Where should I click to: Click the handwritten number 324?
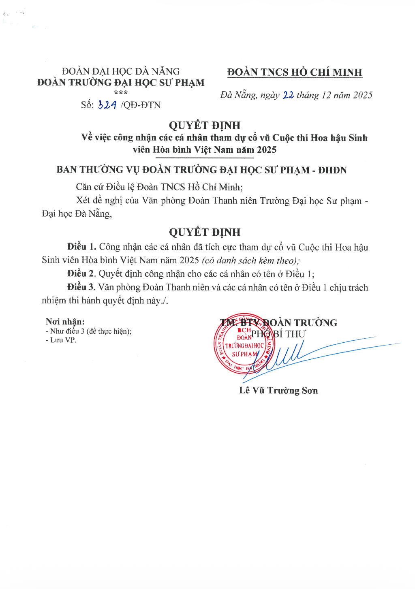pyautogui.click(x=107, y=105)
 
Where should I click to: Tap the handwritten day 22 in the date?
pyautogui.click(x=288, y=95)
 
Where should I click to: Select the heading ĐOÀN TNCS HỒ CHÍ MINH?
pyautogui.click(x=295, y=72)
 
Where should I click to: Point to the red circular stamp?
pyautogui.click(x=244, y=343)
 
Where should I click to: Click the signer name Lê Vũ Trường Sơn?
pyautogui.click(x=278, y=391)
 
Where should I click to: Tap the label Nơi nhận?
pyautogui.click(x=65, y=322)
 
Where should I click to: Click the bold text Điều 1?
pyautogui.click(x=82, y=247)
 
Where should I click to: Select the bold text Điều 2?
pyautogui.click(x=81, y=274)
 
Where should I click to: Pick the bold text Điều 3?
pyautogui.click(x=81, y=287)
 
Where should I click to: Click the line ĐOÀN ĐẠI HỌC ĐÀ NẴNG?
pyautogui.click(x=121, y=71)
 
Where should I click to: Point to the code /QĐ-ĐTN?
pyautogui.click(x=141, y=105)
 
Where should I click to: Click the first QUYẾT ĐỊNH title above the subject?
pyautogui.click(x=205, y=125)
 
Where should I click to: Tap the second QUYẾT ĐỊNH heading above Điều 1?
pyautogui.click(x=205, y=232)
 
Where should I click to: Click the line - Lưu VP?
pyautogui.click(x=61, y=340)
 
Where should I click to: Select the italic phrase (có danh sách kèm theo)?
pyautogui.click(x=251, y=260)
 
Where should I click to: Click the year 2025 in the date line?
pyautogui.click(x=363, y=95)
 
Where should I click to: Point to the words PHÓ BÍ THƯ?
pyautogui.click(x=278, y=334)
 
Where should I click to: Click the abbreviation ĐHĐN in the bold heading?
pyautogui.click(x=332, y=170)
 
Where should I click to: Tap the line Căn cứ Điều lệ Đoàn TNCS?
pyautogui.click(x=159, y=187)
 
